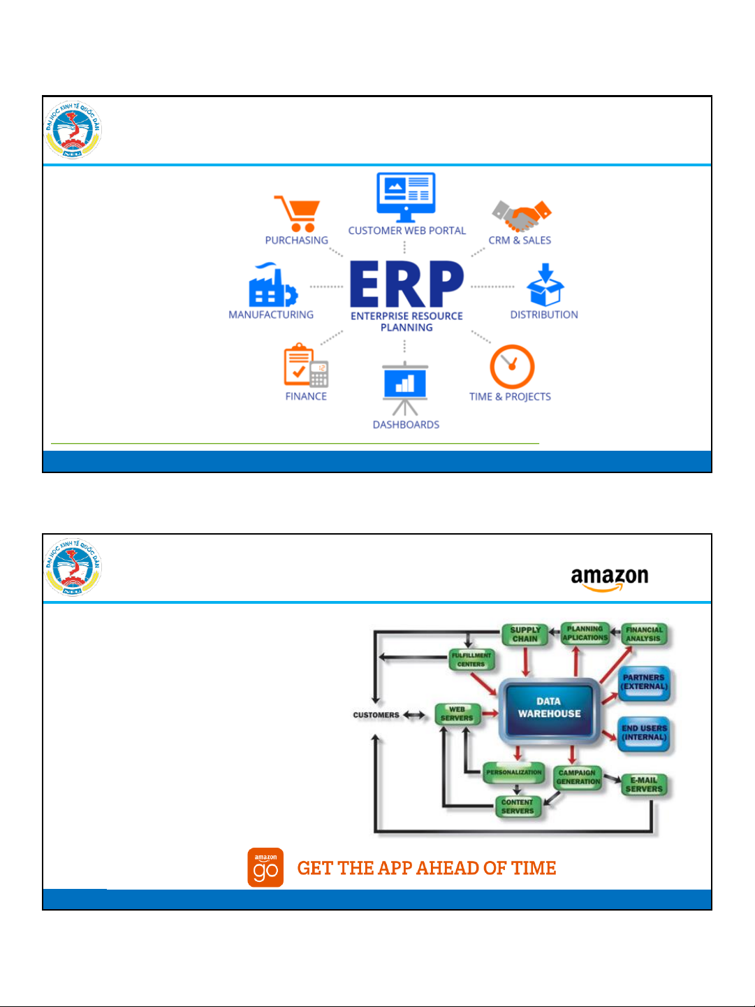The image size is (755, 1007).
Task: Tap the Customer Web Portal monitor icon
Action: point(406,196)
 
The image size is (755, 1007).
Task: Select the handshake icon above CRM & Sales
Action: point(521,216)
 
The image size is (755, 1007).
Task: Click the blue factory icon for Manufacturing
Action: point(272,286)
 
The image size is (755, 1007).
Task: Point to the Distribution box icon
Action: point(545,285)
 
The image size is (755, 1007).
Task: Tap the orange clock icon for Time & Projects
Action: point(512,367)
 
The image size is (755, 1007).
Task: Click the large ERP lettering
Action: point(406,284)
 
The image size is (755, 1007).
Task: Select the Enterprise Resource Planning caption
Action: point(406,321)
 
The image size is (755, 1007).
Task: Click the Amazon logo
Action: point(609,579)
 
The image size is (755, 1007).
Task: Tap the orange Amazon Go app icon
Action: point(265,867)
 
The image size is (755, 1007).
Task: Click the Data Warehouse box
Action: point(549,707)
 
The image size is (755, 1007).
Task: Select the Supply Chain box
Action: point(525,634)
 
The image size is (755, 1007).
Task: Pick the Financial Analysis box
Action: point(643,634)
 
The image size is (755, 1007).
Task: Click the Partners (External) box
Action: point(644,682)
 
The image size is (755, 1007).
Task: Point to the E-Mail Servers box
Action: point(644,785)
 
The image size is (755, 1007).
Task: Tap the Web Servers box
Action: point(457,713)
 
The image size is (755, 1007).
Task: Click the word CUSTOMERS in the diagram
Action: point(376,715)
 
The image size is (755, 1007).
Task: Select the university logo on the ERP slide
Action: point(73,130)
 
